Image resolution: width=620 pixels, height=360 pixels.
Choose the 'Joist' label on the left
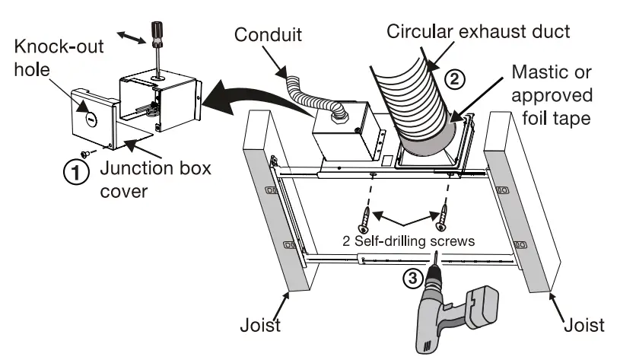click(x=256, y=326)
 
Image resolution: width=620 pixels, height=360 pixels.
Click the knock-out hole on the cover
click(x=89, y=118)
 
